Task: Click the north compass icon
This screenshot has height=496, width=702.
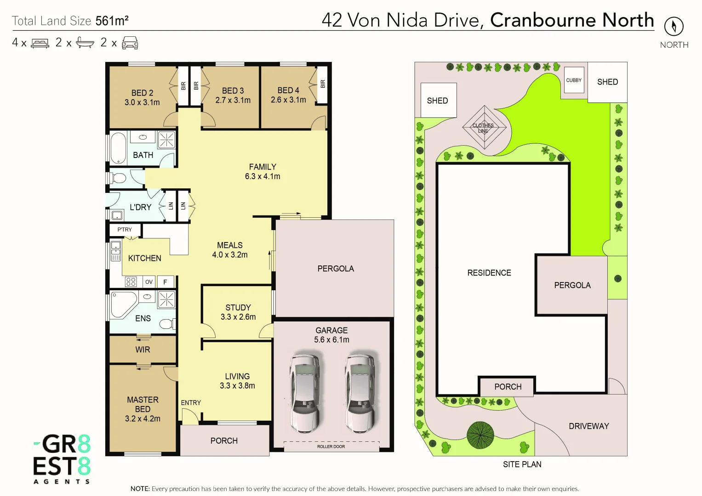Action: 673,26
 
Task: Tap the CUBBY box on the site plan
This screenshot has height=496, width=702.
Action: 574,80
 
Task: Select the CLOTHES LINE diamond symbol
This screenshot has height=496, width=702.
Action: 484,128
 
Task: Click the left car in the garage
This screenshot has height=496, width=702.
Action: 304,393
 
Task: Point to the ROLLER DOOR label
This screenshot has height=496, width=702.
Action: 331,446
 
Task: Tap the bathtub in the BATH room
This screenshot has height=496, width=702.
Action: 118,148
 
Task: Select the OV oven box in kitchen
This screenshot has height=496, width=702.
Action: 149,282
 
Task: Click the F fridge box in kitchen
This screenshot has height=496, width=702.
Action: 166,282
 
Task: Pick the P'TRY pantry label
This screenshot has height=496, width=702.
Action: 125,229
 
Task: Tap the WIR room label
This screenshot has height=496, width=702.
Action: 143,349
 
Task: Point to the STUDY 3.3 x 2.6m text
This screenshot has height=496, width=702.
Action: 238,312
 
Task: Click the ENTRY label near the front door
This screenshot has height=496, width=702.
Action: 191,403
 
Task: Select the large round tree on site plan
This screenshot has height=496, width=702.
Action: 480,435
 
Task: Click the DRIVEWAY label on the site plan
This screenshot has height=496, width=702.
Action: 588,426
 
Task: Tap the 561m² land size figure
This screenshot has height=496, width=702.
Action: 112,21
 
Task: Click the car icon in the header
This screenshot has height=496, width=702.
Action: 130,43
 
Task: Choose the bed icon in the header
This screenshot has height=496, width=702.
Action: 40,43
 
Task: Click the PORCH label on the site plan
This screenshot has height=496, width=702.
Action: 508,387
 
